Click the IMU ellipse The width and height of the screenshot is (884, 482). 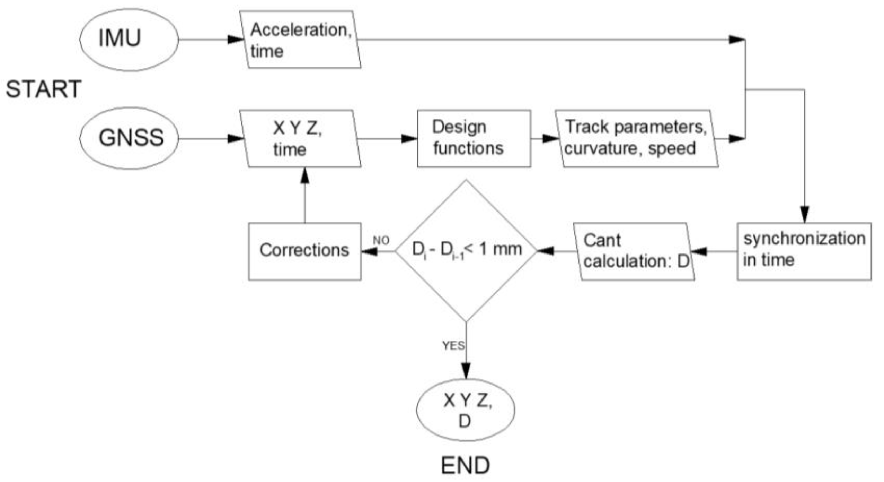coord(129,40)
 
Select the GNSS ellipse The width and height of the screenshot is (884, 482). coord(129,138)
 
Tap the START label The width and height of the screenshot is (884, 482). coord(44,89)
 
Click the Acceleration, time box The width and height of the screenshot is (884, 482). coord(300,40)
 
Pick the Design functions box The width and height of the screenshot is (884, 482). coord(474,138)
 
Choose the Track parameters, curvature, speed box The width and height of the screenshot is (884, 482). coord(637,138)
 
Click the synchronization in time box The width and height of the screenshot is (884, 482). coord(804,251)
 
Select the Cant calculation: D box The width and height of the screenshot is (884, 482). coord(634,251)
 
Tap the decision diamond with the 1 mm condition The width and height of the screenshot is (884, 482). coord(466,250)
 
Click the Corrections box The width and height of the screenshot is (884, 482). coord(305,251)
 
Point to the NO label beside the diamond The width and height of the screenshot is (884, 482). coord(381,240)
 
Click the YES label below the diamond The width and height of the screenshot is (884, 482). coord(453,345)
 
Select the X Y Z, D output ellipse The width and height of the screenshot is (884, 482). coord(466,410)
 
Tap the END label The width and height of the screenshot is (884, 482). coord(465,465)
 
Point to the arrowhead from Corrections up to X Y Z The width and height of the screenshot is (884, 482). coord(305,175)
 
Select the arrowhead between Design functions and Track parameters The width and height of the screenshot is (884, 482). coord(551,138)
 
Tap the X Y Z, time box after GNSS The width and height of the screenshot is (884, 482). coord(300,138)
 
